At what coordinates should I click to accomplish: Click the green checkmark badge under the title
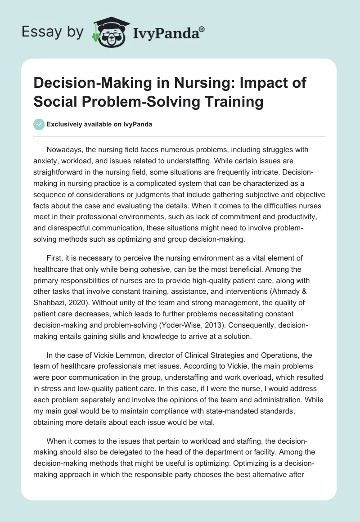pyautogui.click(x=39, y=124)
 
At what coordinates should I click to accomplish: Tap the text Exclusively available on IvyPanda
pyautogui.click(x=99, y=124)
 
